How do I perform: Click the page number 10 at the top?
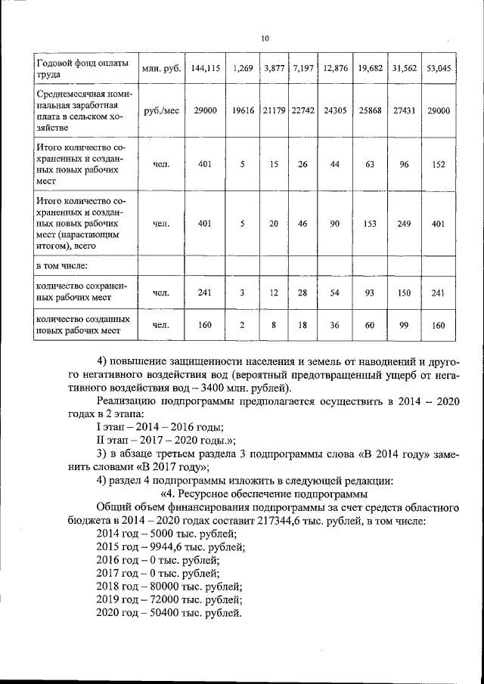(x=265, y=39)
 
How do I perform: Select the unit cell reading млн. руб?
(x=161, y=68)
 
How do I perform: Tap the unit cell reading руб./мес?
(x=161, y=110)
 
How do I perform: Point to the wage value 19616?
(x=243, y=110)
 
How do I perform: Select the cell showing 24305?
(x=334, y=110)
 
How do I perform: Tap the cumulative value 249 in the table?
(x=405, y=224)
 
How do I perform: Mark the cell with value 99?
(x=405, y=326)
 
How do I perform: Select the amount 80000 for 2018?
(x=163, y=587)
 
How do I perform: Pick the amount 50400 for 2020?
(x=163, y=613)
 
